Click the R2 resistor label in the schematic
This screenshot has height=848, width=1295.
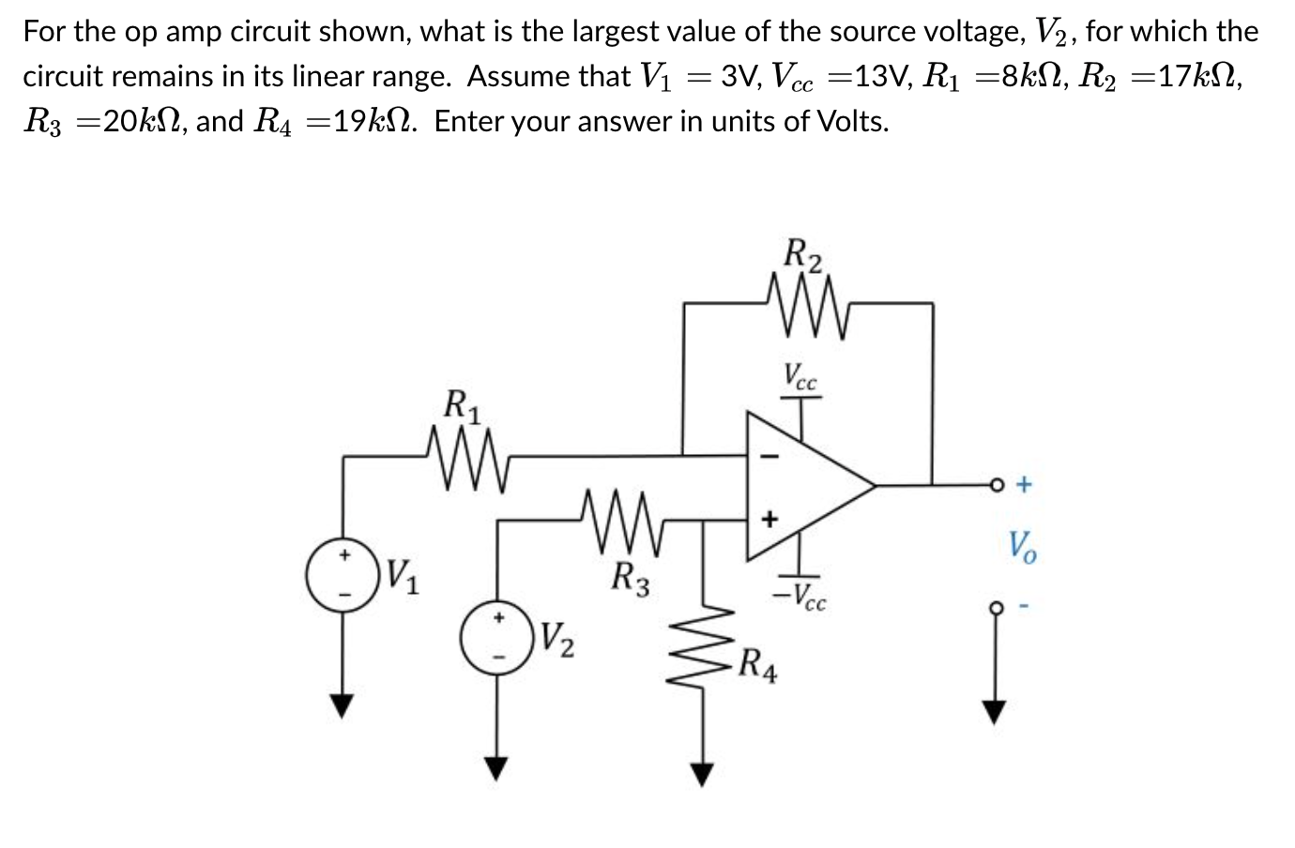803,255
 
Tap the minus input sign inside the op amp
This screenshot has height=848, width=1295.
769,457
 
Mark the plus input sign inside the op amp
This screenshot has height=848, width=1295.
769,517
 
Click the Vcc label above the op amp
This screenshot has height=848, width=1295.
800,375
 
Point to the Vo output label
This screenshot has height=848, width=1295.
1022,546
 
